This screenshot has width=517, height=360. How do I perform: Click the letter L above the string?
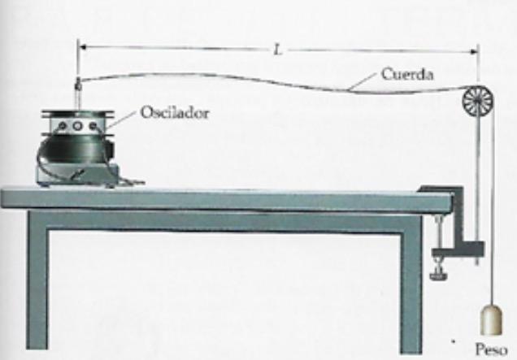277,50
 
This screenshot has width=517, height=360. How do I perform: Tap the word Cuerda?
407,75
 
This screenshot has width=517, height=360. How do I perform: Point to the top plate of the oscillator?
76,113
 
